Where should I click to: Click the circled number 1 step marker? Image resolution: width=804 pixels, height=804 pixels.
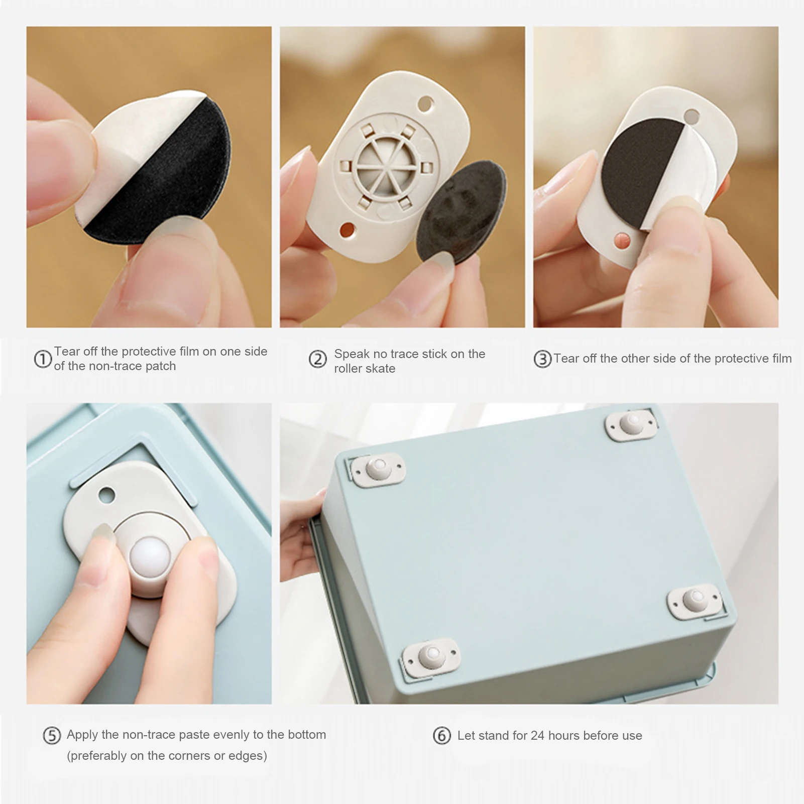43,359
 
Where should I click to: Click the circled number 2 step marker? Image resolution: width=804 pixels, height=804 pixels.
317,360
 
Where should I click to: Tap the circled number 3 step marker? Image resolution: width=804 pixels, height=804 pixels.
542,359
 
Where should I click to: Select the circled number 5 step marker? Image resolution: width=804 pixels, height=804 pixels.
52,736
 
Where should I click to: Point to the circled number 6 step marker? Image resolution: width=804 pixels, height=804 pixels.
442,736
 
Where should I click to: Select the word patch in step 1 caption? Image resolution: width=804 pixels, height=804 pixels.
161,366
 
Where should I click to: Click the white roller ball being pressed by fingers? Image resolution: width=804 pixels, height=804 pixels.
150,557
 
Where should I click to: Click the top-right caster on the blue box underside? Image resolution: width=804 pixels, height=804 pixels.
631,423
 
